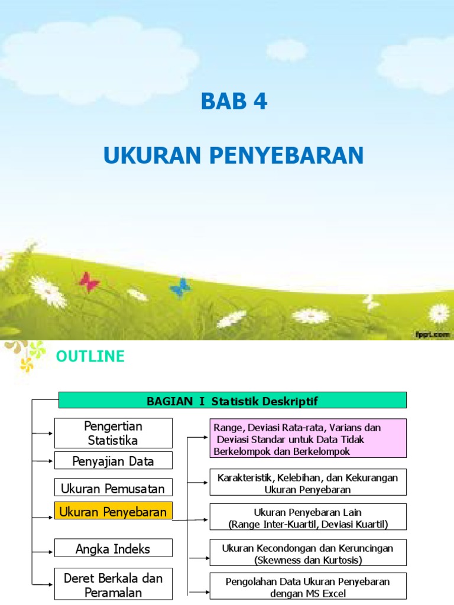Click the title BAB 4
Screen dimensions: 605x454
(x=234, y=102)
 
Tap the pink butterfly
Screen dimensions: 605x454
(x=89, y=281)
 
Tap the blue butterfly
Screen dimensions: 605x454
(x=180, y=288)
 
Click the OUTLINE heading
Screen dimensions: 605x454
(x=90, y=356)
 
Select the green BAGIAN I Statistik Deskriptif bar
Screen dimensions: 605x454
(x=232, y=401)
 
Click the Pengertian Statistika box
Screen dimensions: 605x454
(x=113, y=433)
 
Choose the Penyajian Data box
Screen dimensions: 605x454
(x=113, y=461)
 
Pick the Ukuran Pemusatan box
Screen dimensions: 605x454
(x=113, y=487)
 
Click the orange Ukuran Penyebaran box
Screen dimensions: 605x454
(x=113, y=512)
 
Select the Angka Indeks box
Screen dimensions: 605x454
(x=113, y=548)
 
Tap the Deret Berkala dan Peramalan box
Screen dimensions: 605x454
(x=113, y=584)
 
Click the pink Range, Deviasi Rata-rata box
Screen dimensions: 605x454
(x=308, y=438)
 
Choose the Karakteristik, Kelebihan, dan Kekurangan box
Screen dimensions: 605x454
(x=308, y=483)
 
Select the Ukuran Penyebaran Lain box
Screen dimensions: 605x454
(x=308, y=518)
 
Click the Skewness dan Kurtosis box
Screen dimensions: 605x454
(x=308, y=553)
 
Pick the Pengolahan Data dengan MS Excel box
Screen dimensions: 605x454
(x=308, y=587)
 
